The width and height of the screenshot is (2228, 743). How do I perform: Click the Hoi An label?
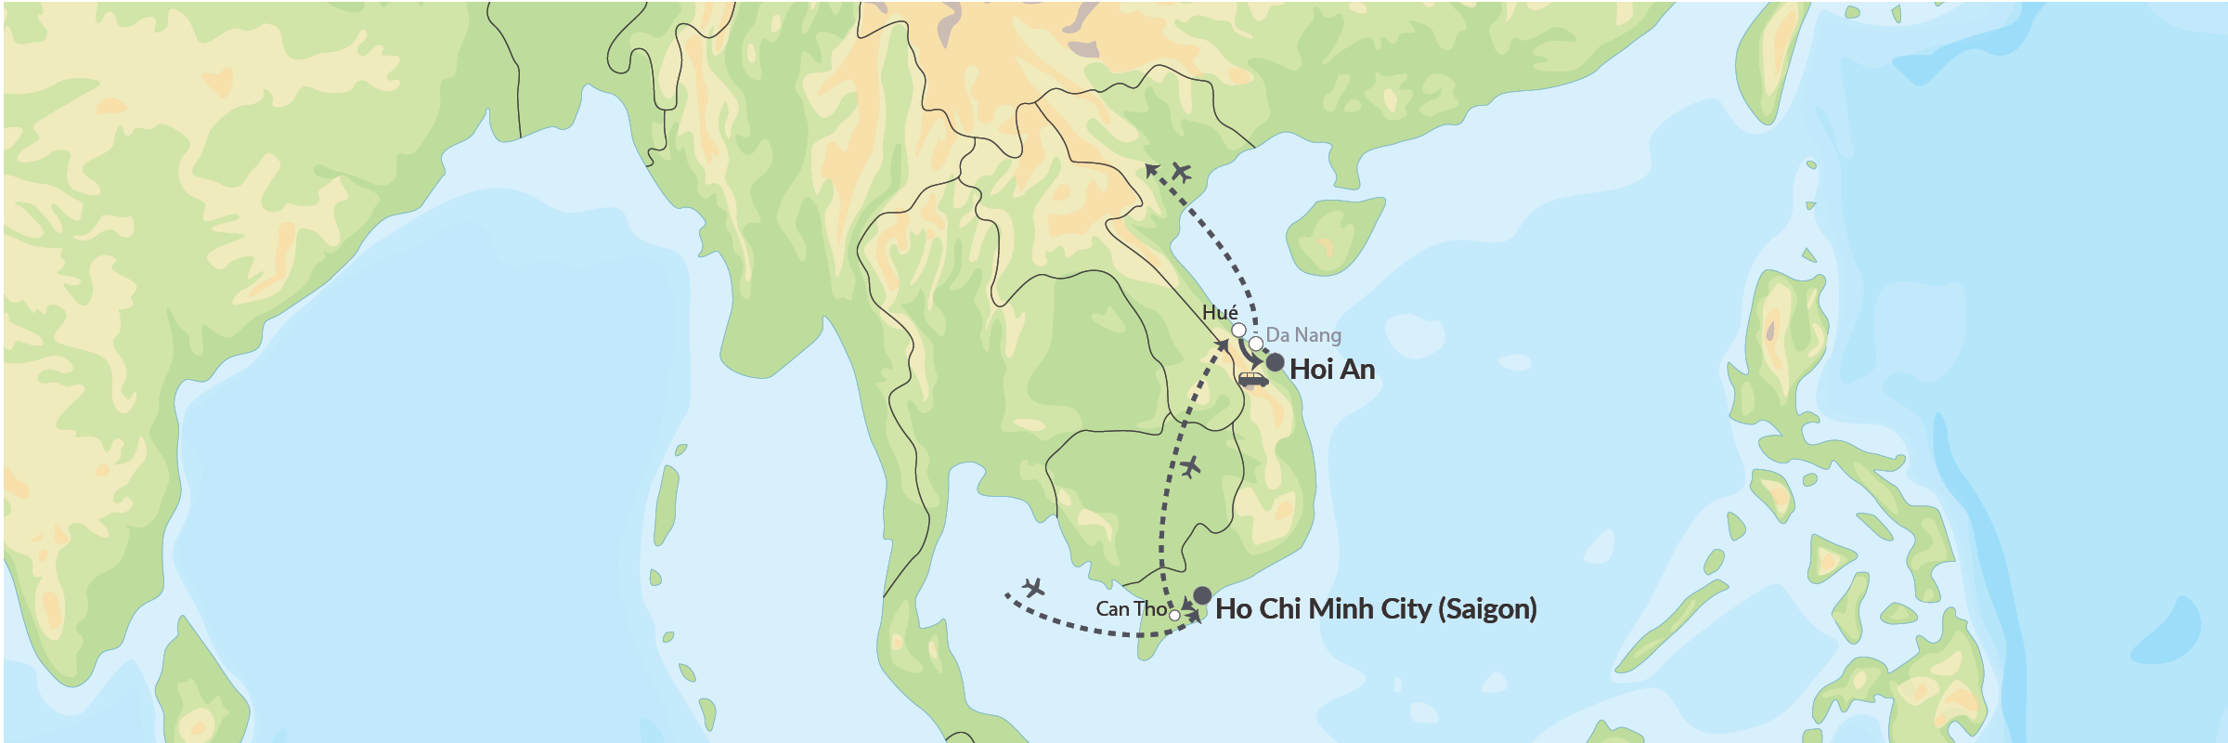(x=1332, y=370)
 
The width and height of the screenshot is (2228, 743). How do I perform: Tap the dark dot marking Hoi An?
(x=1276, y=362)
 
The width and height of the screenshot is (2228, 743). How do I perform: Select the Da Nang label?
(x=1303, y=334)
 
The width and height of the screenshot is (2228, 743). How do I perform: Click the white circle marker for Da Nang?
(x=1255, y=344)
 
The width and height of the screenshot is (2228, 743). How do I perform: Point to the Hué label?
(x=1220, y=313)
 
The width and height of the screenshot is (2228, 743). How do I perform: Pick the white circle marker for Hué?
(x=1238, y=330)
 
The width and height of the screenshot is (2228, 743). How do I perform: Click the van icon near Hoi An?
(x=1252, y=379)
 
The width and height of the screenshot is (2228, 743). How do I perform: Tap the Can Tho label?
(x=1131, y=609)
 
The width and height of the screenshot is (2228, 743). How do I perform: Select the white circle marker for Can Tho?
(x=1174, y=615)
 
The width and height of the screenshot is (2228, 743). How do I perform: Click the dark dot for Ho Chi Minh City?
(x=1202, y=595)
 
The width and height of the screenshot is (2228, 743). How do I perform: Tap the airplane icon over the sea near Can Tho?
(x=1033, y=588)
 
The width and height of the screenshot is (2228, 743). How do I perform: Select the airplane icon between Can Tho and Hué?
(x=1190, y=466)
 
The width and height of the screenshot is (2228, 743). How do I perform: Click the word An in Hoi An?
(x=1357, y=370)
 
